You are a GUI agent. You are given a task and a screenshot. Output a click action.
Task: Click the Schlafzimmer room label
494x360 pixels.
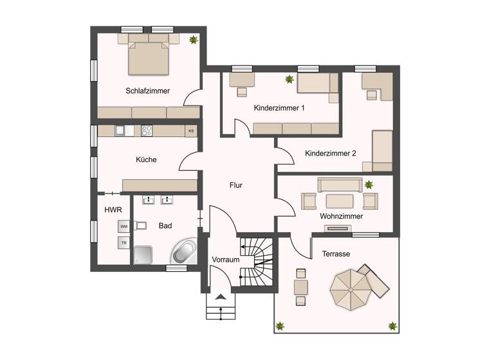coord(149,91)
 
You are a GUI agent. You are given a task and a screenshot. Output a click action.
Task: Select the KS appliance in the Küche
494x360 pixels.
coord(190,130)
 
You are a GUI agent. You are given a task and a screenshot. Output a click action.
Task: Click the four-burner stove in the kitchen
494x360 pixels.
coord(147,130)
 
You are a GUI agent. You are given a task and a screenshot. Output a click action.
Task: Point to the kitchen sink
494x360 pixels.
coord(120,130)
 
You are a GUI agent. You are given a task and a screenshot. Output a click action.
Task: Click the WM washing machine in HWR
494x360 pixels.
coord(124,226)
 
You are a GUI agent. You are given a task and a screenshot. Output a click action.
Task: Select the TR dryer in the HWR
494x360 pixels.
coord(124,242)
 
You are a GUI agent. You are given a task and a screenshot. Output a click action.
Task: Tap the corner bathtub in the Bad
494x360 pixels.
coord(185,251)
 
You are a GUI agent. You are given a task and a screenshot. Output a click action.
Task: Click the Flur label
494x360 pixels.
coord(236,185)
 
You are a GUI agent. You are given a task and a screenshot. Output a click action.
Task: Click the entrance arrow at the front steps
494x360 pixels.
coord(221,297)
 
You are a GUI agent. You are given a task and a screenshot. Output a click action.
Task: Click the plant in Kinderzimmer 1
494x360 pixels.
coord(289,80)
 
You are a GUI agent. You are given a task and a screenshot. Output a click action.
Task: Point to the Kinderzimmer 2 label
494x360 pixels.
coord(331,154)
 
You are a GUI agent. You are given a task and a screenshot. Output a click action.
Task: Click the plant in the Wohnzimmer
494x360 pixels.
coord(369,185)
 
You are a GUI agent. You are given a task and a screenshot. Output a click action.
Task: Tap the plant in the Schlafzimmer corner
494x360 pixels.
coord(192,40)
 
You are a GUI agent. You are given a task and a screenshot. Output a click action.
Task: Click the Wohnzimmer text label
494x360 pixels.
coord(341,217)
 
